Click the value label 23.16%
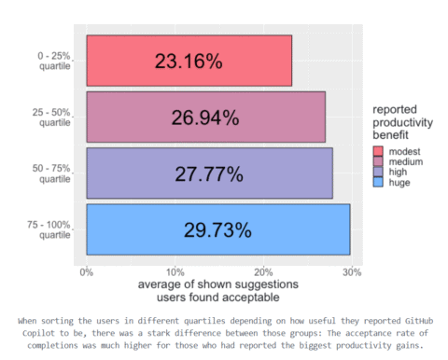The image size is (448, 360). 189,62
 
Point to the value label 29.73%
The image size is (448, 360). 217,229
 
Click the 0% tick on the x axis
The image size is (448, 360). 86,271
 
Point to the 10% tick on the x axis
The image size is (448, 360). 175,271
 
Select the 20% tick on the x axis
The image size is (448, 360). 262,271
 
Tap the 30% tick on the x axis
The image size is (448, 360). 351,271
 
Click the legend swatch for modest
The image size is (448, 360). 378,150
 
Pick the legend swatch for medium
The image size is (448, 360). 378,161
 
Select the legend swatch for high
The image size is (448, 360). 378,172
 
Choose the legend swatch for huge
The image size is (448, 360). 378,183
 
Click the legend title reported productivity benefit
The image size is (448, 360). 399,121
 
